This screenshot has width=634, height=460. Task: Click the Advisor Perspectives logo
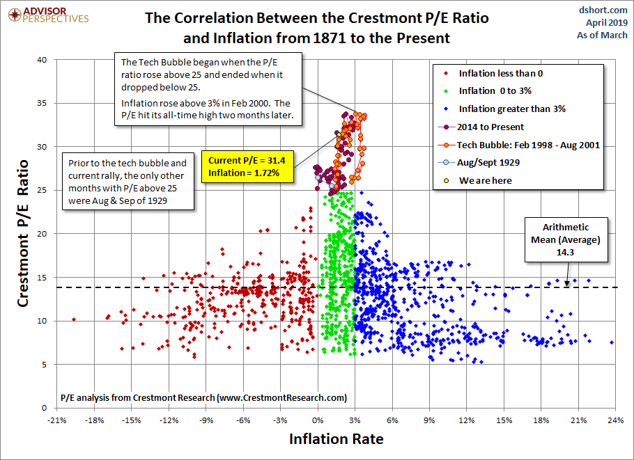(47, 15)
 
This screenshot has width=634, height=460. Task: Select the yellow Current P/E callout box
(243, 166)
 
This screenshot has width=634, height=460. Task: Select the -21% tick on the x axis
(56, 420)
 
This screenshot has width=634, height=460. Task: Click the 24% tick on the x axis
(615, 420)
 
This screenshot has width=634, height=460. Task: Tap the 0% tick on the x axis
(318, 420)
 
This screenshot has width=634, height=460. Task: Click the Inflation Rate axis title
(335, 439)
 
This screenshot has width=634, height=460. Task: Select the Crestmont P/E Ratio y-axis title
(23, 233)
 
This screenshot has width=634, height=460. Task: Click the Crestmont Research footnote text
(203, 398)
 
